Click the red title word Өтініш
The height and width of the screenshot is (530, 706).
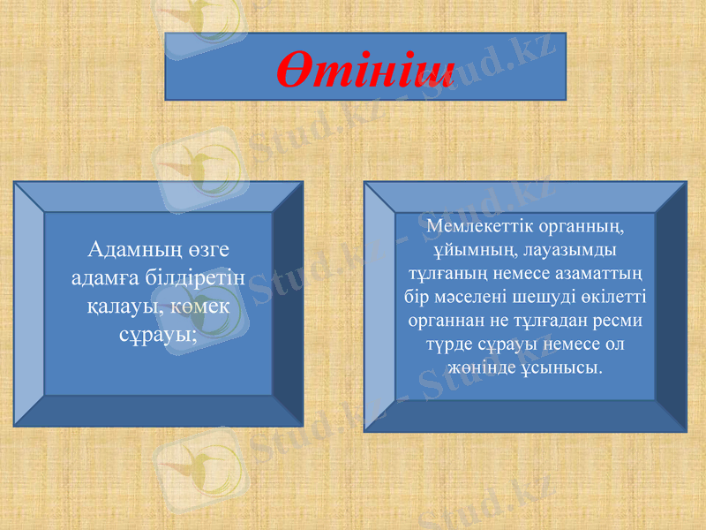click(x=365, y=68)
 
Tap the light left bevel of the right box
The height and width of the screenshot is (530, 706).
click(x=379, y=306)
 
